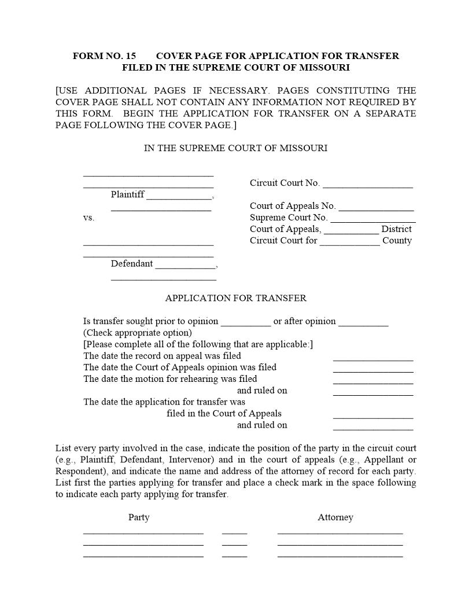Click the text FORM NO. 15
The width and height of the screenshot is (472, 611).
pyautogui.click(x=104, y=56)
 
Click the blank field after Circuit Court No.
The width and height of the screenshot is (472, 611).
pyautogui.click(x=368, y=184)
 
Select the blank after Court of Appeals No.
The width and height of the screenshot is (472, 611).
pyautogui.click(x=376, y=207)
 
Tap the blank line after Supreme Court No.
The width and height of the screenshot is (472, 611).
pyautogui.click(x=373, y=219)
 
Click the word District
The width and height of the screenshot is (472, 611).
pyautogui.click(x=396, y=229)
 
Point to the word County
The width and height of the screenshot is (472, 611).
pyautogui.click(x=397, y=241)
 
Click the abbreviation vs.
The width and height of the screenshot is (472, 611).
pyautogui.click(x=89, y=218)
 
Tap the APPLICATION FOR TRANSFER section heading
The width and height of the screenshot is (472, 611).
pyautogui.click(x=235, y=299)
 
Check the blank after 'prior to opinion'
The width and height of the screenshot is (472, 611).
pyautogui.click(x=246, y=322)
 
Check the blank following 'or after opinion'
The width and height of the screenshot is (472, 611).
pyautogui.click(x=363, y=322)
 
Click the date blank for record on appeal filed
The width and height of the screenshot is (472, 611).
pyautogui.click(x=373, y=357)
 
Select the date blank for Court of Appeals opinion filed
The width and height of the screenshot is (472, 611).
pyautogui.click(x=373, y=369)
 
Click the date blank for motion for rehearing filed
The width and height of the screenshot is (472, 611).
pyautogui.click(x=373, y=380)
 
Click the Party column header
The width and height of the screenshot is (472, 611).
pyautogui.click(x=139, y=517)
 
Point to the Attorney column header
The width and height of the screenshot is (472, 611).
pyautogui.click(x=335, y=517)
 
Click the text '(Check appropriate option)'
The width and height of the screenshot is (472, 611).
pyautogui.click(x=137, y=333)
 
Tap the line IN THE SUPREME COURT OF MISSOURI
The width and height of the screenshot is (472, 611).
pyautogui.click(x=235, y=148)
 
